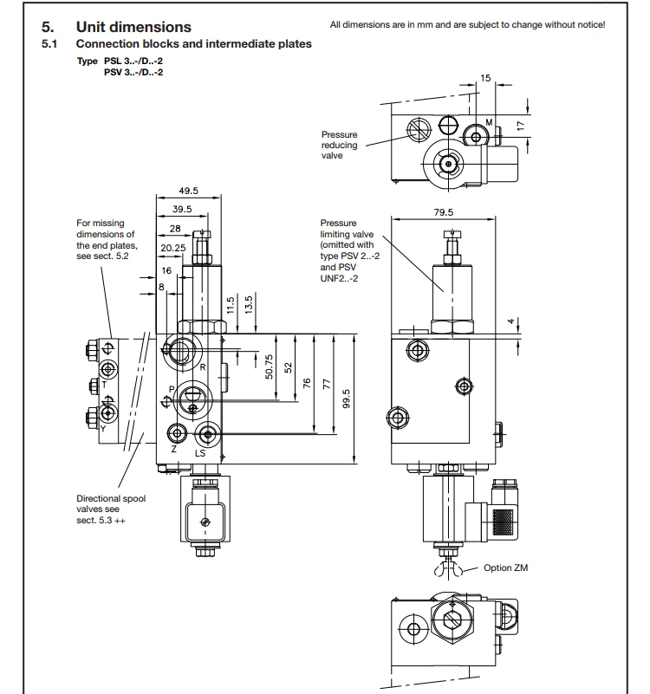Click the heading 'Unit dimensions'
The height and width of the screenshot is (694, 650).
[x=133, y=27]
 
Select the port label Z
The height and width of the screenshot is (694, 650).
[x=173, y=451]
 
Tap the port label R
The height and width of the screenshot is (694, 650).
[x=202, y=367]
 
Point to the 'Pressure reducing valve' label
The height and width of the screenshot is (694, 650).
[x=339, y=145]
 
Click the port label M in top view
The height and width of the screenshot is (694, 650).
[x=489, y=123]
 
